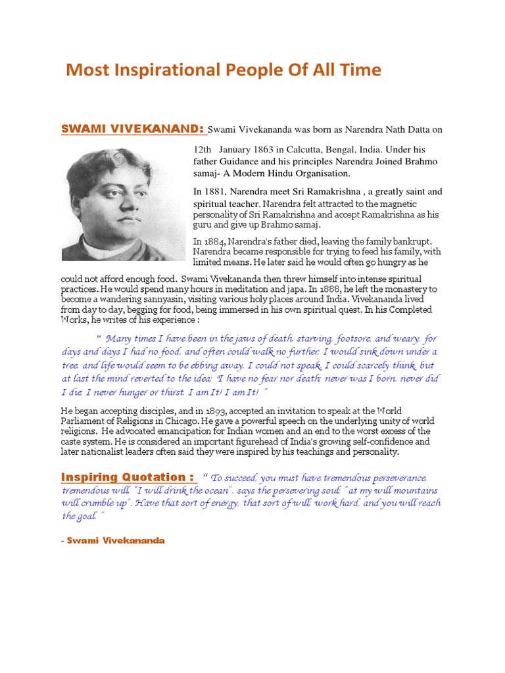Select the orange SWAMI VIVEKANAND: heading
(x=133, y=129)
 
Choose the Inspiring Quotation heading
(x=127, y=477)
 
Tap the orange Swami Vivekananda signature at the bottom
(x=116, y=540)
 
